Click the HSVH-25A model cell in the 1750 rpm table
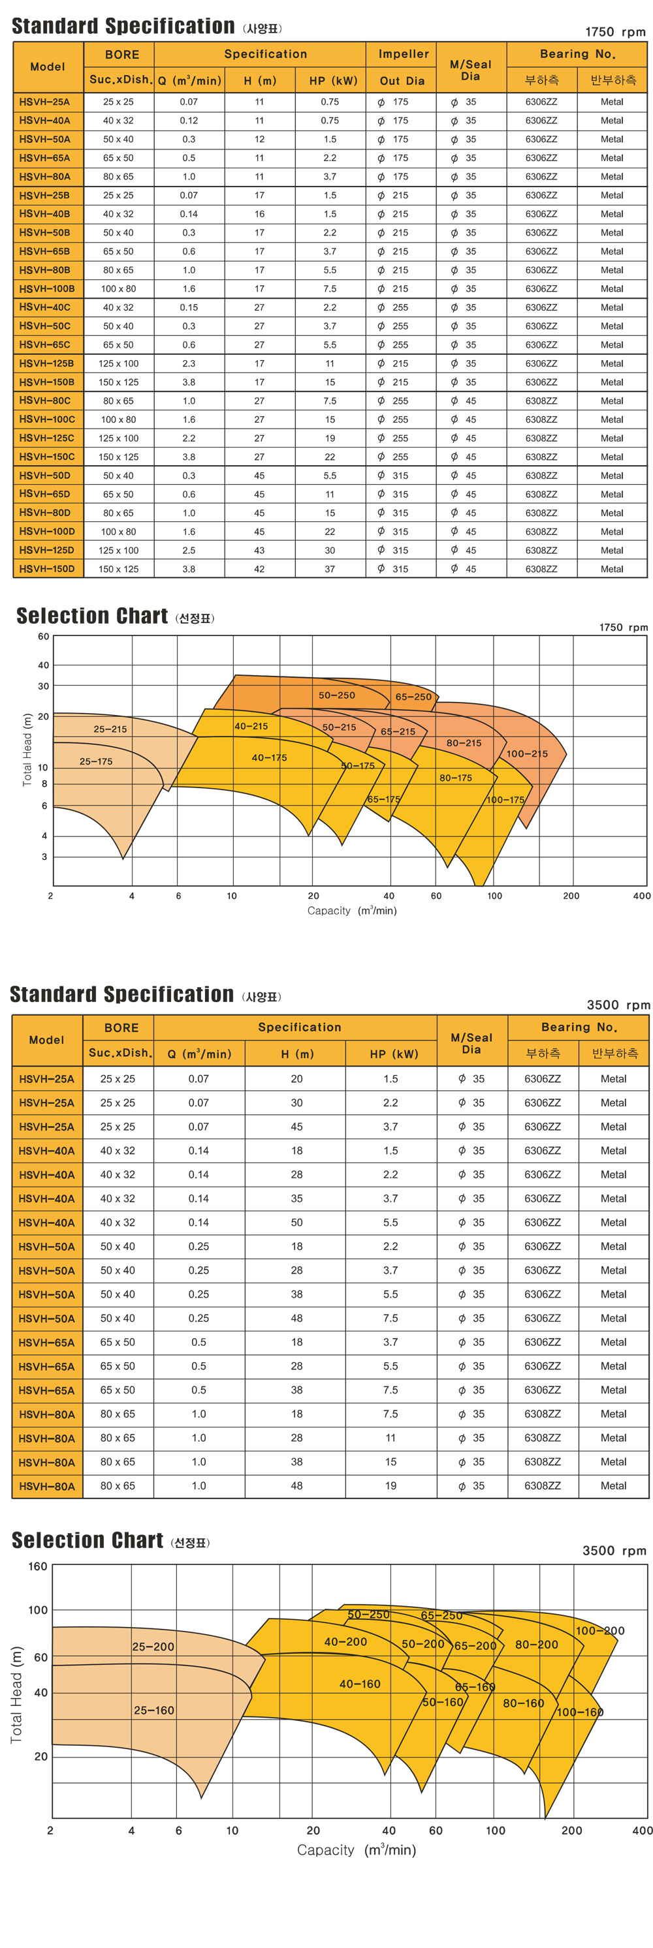coord(44,102)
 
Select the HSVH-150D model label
coord(47,569)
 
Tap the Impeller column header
coord(404,53)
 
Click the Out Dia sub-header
coord(402,81)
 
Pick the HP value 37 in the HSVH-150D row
coord(330,569)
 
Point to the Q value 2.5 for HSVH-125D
coord(189,551)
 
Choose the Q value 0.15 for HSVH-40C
coord(189,307)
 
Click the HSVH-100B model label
coord(47,288)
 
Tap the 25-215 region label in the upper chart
coord(110,729)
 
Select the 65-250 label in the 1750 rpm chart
coord(413,697)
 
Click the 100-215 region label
coord(526,753)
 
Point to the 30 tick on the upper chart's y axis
coord(44,686)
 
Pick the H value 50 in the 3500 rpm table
coord(296,1222)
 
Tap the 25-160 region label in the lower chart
coord(153,1710)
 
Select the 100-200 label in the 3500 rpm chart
coord(600,1630)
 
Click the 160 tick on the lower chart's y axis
coord(38,1566)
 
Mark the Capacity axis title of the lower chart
coord(357,1849)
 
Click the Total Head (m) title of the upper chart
coord(27,750)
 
